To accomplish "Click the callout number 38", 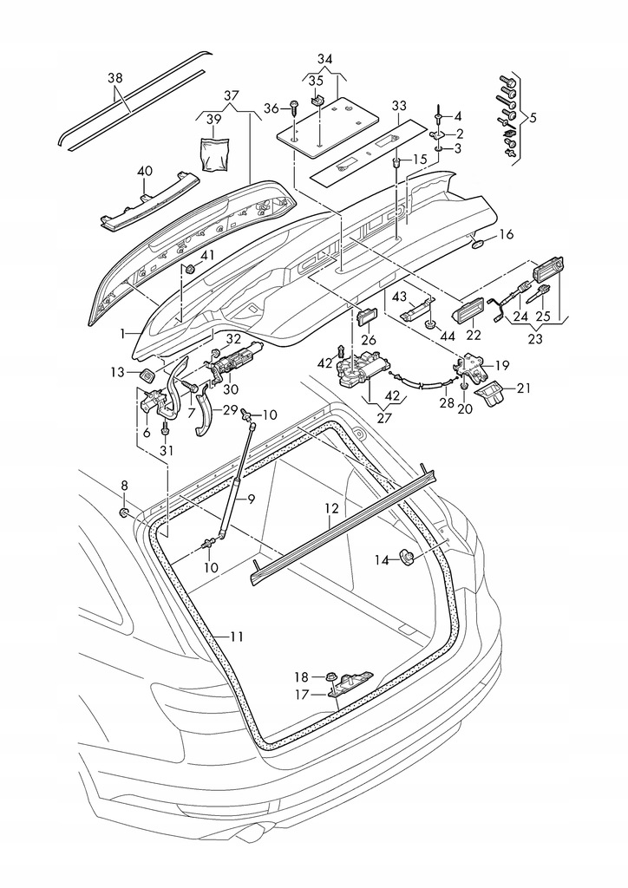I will pos(115,77).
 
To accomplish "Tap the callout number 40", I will pos(144,170).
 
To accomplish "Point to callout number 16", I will pos(506,234).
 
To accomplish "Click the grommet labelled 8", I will pos(125,513).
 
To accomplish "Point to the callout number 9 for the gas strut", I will pos(251,499).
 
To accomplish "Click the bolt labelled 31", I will pos(165,429).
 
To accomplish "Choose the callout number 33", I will pos(399,106).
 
